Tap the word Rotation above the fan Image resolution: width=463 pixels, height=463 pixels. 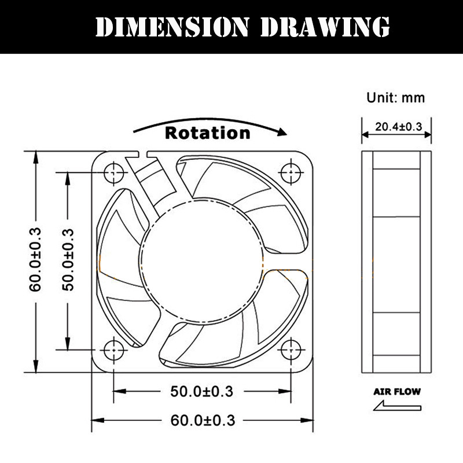[208, 133]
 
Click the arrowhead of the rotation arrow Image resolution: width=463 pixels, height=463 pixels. [282, 132]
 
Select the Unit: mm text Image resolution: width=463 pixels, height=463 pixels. [396, 97]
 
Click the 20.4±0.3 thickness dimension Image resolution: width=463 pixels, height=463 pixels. [396, 127]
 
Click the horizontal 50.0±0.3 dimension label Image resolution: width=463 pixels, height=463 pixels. [202, 391]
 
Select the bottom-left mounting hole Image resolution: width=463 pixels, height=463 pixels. [113, 350]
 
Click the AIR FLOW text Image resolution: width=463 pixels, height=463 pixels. [396, 391]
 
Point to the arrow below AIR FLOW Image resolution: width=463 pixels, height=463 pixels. [396, 407]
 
